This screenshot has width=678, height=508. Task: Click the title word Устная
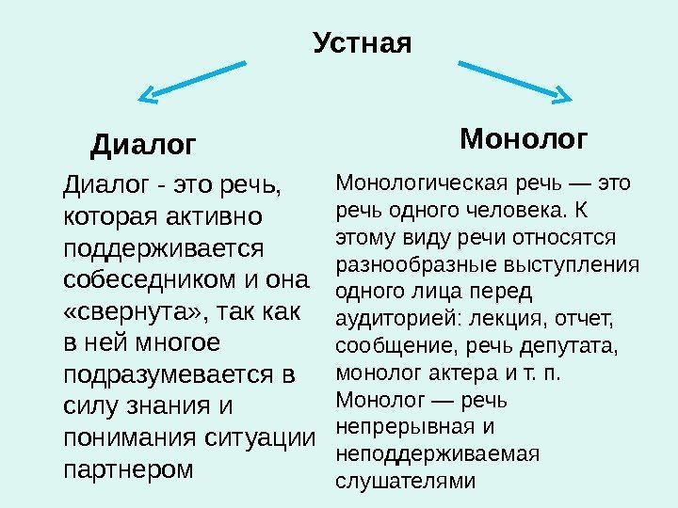362,43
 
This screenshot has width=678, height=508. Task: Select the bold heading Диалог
143,146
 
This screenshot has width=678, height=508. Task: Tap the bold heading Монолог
524,140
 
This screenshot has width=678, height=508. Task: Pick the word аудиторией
386,318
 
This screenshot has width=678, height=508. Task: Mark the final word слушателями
406,482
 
